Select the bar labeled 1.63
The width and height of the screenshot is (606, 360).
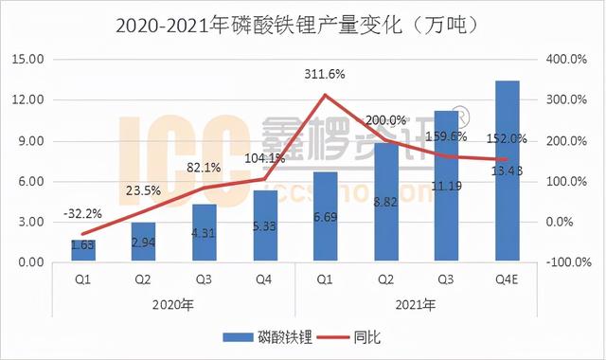(x=83, y=251)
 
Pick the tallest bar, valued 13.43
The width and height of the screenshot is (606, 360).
(x=508, y=171)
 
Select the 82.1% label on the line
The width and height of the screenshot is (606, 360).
(x=204, y=167)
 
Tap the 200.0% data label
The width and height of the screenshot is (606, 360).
(x=385, y=120)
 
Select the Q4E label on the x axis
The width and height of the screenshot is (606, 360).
(x=508, y=280)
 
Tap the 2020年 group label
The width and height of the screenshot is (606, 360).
(x=174, y=304)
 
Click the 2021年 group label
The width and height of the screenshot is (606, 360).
(x=417, y=304)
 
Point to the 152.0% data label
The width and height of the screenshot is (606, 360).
(x=506, y=138)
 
